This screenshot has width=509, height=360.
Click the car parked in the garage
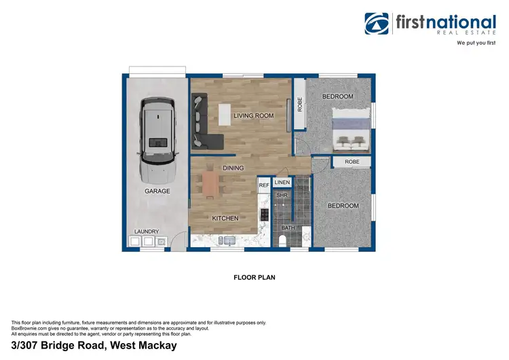[158, 137]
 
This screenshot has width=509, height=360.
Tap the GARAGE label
[157, 192]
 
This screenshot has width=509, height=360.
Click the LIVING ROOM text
[253, 116]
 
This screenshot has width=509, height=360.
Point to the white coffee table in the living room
[225, 115]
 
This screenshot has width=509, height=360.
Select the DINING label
[233, 168]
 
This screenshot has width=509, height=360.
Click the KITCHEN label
[225, 219]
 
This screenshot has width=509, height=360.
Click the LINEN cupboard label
[282, 183]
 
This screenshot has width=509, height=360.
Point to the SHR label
[282, 196]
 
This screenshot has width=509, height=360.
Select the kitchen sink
[229, 240]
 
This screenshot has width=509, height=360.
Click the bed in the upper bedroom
[351, 132]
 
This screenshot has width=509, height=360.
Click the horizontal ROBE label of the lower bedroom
[352, 162]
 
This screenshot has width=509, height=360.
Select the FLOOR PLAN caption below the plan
[254, 277]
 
